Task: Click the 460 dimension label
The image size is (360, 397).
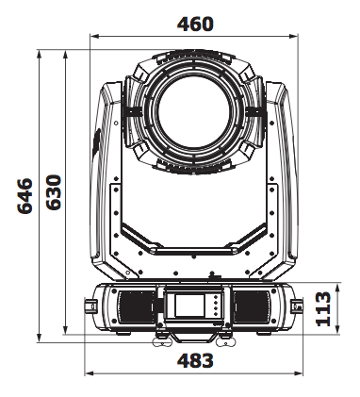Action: click(x=195, y=24)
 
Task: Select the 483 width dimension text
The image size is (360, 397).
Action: click(x=195, y=360)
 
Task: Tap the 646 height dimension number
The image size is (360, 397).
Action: click(x=25, y=196)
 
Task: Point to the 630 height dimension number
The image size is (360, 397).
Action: click(x=54, y=192)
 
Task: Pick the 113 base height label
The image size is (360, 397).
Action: click(x=323, y=309)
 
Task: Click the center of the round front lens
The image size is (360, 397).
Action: click(x=195, y=112)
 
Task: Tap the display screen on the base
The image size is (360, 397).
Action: click(x=189, y=306)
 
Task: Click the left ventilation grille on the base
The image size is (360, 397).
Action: click(x=137, y=306)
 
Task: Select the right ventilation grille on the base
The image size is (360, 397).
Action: click(x=251, y=306)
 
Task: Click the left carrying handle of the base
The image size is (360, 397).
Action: click(x=90, y=306)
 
